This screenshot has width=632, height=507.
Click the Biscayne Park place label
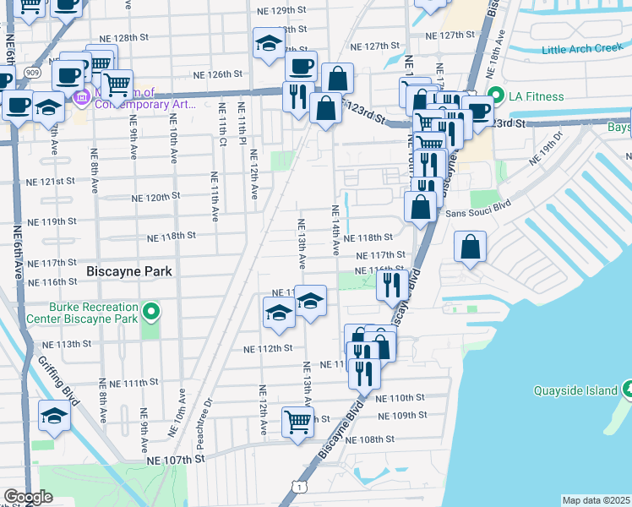coord(129,271)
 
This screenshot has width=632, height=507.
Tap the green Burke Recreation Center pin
coord(151,313)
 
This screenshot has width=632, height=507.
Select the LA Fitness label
coord(536,96)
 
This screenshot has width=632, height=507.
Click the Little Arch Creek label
coord(582,50)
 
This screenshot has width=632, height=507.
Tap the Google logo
coord(28,497)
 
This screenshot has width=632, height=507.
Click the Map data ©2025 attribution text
coord(596,500)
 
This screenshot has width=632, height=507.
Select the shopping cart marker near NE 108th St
coord(297,421)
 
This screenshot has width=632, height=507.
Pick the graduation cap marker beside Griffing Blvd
coord(53,415)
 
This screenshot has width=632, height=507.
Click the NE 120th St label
coord(155,197)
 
